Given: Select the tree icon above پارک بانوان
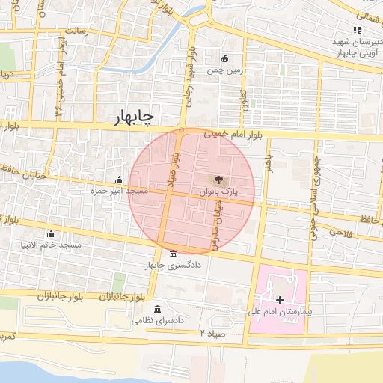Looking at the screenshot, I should [x=218, y=180].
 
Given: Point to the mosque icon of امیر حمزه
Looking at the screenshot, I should [x=120, y=180].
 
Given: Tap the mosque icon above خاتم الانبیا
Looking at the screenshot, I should [x=51, y=233].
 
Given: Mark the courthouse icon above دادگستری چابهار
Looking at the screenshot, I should [x=174, y=254].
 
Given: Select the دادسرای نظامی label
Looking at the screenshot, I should [x=158, y=320].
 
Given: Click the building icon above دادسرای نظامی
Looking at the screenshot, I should [x=157, y=309].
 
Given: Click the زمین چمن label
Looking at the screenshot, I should [x=224, y=71].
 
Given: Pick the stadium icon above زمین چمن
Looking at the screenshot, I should [x=224, y=58].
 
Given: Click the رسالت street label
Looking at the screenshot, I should [x=77, y=31].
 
